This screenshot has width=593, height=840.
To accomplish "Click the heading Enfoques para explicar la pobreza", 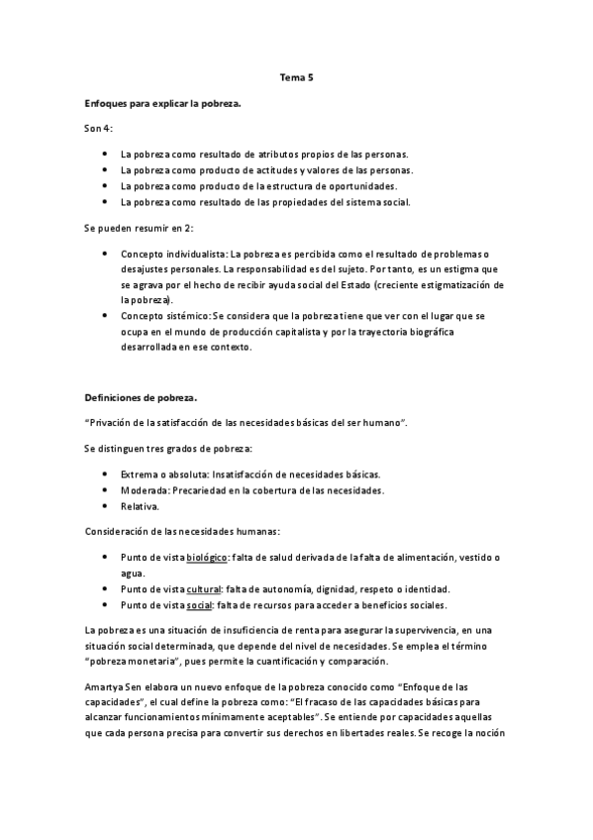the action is tap(163, 102).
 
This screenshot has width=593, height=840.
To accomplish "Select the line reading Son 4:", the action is tap(99, 129).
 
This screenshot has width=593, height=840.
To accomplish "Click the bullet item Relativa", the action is tap(139, 506).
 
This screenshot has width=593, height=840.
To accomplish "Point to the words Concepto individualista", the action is tap(165, 254).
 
